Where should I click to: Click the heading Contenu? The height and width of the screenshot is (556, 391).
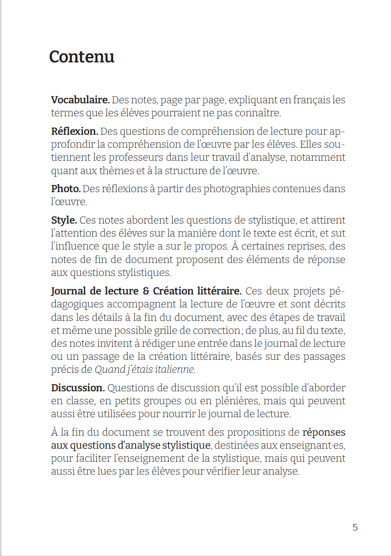(x=82, y=57)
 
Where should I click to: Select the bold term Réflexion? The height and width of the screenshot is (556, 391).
(x=74, y=132)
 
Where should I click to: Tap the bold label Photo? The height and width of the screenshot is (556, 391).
(x=66, y=189)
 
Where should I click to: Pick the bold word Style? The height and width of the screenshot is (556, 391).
(x=64, y=220)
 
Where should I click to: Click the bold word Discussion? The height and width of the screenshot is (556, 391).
(x=78, y=388)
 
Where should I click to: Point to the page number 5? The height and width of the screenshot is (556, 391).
(x=355, y=527)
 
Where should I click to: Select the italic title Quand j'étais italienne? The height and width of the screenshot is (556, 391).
(x=145, y=370)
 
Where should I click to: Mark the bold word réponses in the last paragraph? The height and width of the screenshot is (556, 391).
(x=324, y=432)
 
